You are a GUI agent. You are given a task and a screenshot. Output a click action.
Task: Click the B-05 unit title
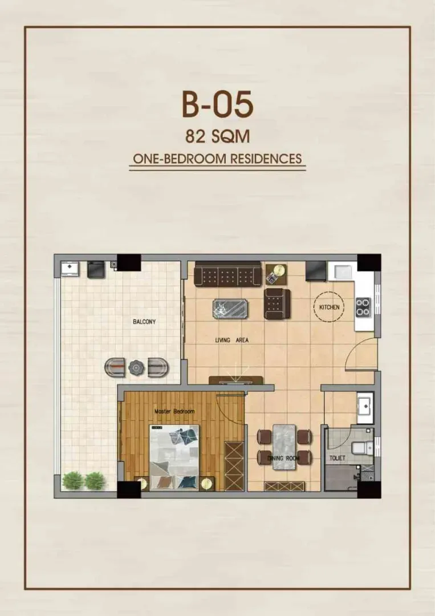point(218,104)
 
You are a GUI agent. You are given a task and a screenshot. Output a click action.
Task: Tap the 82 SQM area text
point(218,136)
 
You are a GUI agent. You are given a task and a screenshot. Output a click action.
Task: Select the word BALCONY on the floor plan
point(144,322)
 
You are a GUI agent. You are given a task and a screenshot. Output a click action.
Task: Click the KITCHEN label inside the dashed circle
point(329,307)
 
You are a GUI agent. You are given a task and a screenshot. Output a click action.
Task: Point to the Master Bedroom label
point(174,411)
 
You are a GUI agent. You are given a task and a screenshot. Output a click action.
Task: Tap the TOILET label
point(338,458)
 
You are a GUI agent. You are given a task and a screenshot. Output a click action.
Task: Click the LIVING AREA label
point(231,340)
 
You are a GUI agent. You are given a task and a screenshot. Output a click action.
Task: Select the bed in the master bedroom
point(174,457)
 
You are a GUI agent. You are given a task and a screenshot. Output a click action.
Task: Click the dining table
point(284,447)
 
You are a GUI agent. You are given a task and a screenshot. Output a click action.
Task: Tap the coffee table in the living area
point(230,309)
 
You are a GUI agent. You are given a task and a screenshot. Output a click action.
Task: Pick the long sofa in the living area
point(228,273)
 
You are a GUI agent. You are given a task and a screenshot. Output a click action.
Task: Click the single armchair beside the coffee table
point(277,303)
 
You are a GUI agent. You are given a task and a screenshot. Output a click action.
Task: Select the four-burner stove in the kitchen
point(363,307)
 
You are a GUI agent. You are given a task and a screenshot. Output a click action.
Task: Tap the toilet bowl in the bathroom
point(361,448)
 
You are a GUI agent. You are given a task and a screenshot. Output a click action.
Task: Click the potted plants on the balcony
point(84,480)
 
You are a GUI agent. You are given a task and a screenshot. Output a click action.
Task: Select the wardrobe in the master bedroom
point(234,466)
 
